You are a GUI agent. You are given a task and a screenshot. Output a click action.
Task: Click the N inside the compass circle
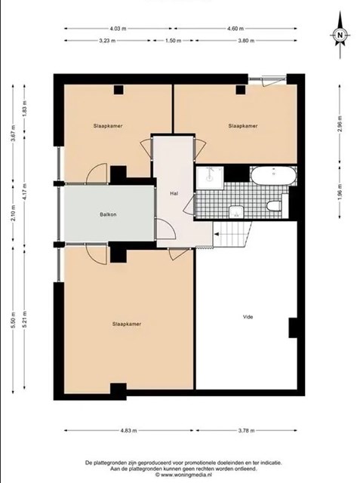click(340, 35)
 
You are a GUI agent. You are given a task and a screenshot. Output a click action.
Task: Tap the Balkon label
click(108, 214)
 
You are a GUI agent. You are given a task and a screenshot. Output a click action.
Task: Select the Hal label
click(174, 193)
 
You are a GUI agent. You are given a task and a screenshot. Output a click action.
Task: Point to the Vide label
click(248, 317)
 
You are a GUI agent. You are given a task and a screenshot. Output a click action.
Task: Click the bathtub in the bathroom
click(273, 176)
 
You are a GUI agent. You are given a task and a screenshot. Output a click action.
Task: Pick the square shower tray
click(211, 178)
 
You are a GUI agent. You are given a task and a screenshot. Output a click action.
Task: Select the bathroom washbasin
click(236, 211)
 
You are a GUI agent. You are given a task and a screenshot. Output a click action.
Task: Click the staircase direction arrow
click(217, 235)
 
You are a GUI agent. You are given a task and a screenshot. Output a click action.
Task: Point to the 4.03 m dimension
click(118, 29)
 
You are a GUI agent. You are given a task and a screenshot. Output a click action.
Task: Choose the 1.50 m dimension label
click(174, 40)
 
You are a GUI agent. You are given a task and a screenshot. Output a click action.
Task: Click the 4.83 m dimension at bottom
click(129, 431)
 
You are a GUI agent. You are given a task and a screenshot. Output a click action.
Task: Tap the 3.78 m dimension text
click(246, 431)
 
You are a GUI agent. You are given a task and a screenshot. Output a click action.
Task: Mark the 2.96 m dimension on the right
click(340, 124)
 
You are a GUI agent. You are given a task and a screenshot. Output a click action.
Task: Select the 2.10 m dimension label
click(13, 213)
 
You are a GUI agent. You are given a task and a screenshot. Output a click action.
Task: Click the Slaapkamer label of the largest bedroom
click(127, 324)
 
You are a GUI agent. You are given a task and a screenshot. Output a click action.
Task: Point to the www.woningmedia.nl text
click(183, 475)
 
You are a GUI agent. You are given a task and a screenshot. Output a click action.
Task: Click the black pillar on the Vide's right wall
click(293, 328)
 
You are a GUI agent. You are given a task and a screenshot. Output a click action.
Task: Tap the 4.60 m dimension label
click(235, 29)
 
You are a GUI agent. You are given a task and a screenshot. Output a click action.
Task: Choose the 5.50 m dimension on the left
click(13, 320)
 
